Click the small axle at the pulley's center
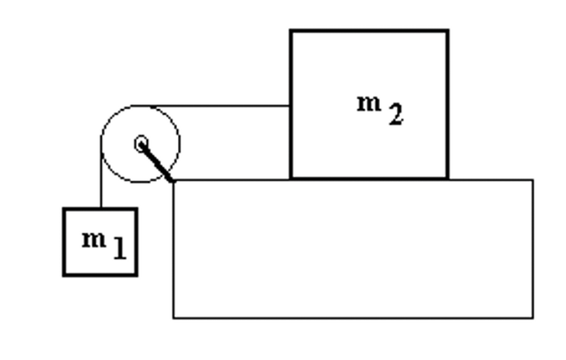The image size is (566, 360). [141, 144]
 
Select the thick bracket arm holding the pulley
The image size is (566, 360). [156, 162]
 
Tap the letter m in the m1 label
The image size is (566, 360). [94, 239]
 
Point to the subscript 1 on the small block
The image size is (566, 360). [119, 249]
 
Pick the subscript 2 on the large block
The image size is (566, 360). [396, 115]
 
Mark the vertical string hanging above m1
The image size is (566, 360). [102, 182]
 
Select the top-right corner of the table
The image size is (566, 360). [533, 180]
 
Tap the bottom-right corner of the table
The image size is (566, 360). [533, 317]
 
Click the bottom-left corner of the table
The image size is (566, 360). [174, 317]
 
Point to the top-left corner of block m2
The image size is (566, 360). [291, 31]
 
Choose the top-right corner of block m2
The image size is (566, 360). [448, 31]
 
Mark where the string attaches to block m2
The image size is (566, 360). [290, 106]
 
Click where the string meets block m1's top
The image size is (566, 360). [102, 209]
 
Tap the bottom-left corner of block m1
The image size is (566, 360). [64, 275]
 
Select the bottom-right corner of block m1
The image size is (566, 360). [137, 275]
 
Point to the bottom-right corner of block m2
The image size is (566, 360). [448, 179]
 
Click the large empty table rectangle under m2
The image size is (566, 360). [353, 249]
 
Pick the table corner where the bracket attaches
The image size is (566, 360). [174, 181]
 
